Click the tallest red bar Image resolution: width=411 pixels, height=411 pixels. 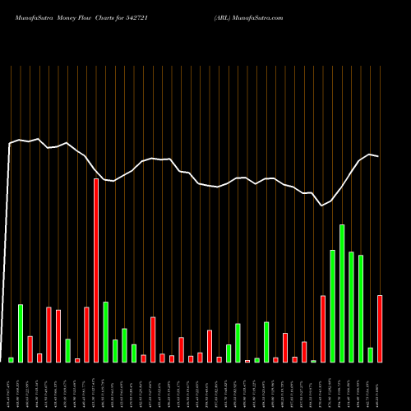pyautogui.click(x=96, y=270)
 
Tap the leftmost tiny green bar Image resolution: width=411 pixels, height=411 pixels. pyautogui.click(x=12, y=360)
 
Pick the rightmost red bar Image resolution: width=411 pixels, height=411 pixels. pyautogui.click(x=380, y=329)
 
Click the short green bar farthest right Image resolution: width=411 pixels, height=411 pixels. pyautogui.click(x=371, y=355)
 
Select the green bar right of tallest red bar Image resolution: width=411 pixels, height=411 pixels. pyautogui.click(x=106, y=332)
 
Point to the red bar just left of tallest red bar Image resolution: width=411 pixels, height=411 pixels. pyautogui.click(x=86, y=335)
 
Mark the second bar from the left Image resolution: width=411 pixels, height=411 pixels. pyautogui.click(x=21, y=333)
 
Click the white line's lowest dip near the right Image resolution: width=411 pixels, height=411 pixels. pyautogui.click(x=323, y=205)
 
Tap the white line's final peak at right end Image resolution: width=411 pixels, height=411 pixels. pyautogui.click(x=371, y=155)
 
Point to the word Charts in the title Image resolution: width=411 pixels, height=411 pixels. pyautogui.click(x=121, y=17)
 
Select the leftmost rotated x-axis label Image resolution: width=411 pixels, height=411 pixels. pyautogui.click(x=11, y=386)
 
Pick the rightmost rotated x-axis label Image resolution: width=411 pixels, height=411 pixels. pyautogui.click(x=380, y=386)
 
